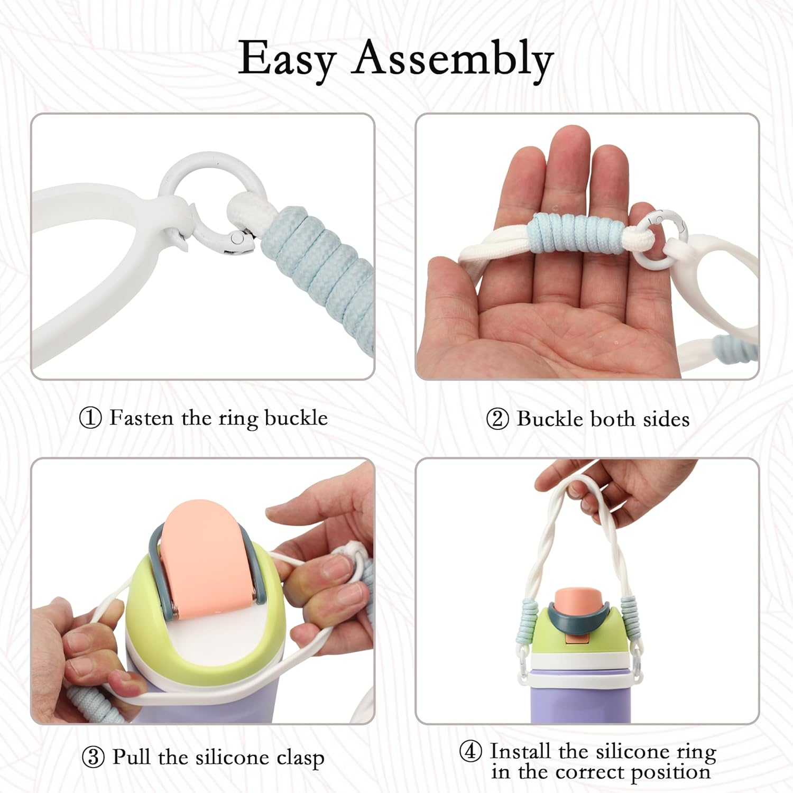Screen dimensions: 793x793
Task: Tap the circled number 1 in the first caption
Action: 90,418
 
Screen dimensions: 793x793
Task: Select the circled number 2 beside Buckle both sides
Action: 497,419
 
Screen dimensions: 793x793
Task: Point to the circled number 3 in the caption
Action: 93,757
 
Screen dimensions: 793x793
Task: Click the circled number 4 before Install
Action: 470,751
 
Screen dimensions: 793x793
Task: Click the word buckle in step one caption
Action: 296,418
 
